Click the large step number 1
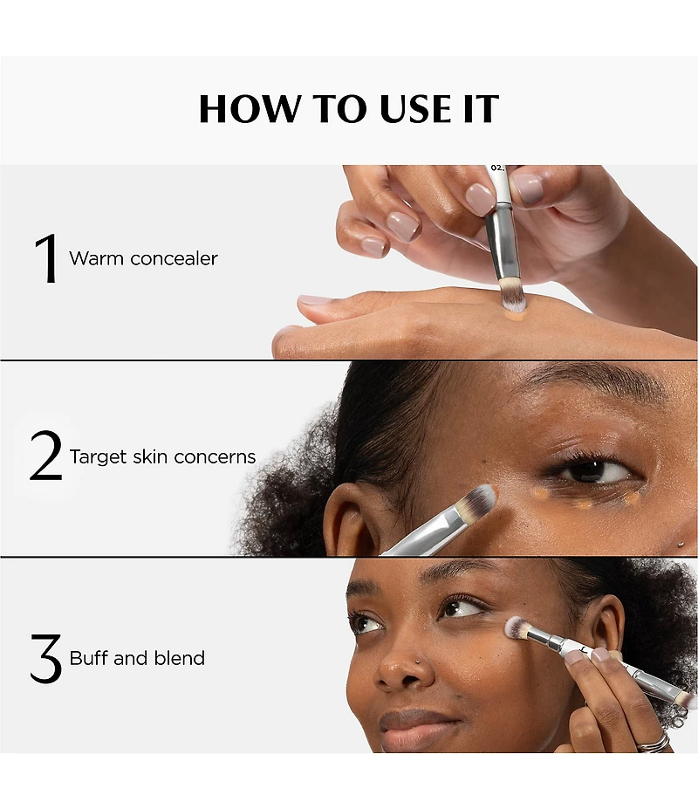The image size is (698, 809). pyautogui.click(x=45, y=258)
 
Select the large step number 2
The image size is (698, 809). pyautogui.click(x=45, y=456)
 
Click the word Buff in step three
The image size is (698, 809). pyautogui.click(x=88, y=658)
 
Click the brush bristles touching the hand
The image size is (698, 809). pyautogui.click(x=513, y=299)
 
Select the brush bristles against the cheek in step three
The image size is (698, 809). pyautogui.click(x=517, y=627)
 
